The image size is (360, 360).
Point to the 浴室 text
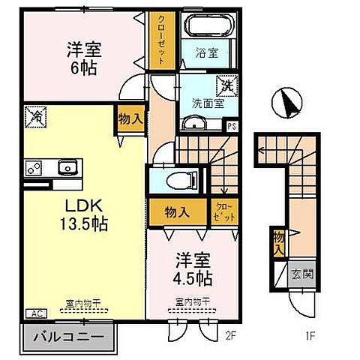pyautogui.click(x=206, y=54)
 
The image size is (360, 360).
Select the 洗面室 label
pyautogui.click(x=203, y=104)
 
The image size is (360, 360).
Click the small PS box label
pyautogui.click(x=231, y=126)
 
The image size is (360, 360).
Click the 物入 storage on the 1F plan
pyautogui.click(x=279, y=240)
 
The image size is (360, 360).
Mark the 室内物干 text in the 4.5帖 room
pyautogui.click(x=191, y=304)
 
